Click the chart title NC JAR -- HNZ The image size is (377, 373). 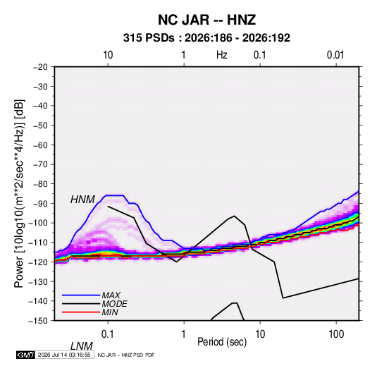pos(206,20)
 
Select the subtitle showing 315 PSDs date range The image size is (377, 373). pos(206,38)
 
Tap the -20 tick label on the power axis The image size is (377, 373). pos(40,67)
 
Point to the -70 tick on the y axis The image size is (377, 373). pos(40,164)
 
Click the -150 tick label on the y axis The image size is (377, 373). pos(38,321)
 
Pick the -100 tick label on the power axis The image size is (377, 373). pos(38,223)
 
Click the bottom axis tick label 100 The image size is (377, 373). pos(336,334)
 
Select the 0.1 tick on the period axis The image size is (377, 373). pos(108,334)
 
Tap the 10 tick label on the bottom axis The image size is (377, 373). pos(260,334)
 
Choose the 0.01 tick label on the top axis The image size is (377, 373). pos(335,55)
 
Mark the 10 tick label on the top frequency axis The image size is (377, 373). pos(108,55)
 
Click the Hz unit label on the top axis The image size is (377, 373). pos(222,55)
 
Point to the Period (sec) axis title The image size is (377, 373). pos(222,342)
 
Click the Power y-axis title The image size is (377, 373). pos(19,194)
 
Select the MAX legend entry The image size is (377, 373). pos(111,295)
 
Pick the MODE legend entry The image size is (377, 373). pos(114,304)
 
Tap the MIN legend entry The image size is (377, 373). pos(110,312)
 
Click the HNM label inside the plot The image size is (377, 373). pos(82,200)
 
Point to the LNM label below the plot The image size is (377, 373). pos(82,346)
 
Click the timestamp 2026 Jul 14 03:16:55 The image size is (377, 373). pos(64,355)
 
